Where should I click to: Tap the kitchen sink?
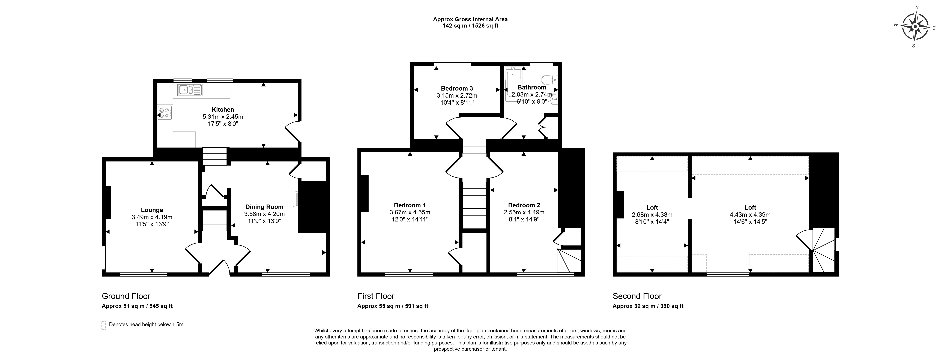coord(190,90)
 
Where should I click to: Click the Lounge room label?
coord(152,210)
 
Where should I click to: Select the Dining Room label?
coord(264,207)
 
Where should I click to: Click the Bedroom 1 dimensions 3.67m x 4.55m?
coord(410,212)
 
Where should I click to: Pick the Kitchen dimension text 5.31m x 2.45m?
coord(223,117)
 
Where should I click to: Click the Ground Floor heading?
coord(126,296)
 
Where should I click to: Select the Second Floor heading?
coord(637,296)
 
